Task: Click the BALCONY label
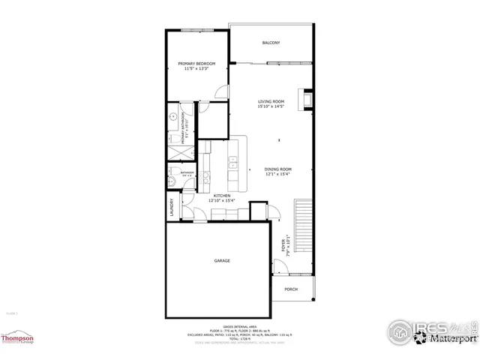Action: (x=271, y=43)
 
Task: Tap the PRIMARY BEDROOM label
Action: (x=196, y=64)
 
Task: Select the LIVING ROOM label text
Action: (x=271, y=101)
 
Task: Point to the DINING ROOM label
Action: (x=277, y=169)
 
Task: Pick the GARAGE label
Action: (x=222, y=260)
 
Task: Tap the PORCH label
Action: (x=291, y=289)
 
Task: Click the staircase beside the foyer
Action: (x=304, y=225)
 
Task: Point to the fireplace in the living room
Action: (x=305, y=98)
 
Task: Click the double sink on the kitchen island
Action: (x=232, y=161)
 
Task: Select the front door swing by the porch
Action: (x=280, y=265)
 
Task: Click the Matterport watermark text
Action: (x=448, y=338)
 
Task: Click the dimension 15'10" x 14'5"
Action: (x=271, y=106)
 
